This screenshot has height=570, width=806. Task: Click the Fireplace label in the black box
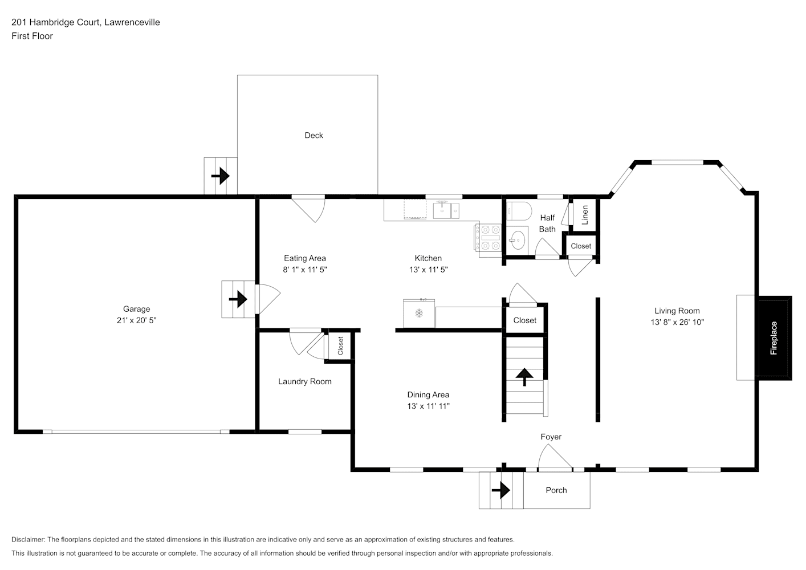coord(774,338)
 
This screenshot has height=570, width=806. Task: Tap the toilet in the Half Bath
coord(519,211)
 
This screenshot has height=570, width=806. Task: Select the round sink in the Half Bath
coord(517,240)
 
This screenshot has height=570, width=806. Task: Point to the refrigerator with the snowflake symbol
coord(419,313)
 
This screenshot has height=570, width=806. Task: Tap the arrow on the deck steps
coord(221,176)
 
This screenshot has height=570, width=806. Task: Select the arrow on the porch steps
coord(501,490)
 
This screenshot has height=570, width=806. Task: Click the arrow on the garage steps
coord(238,299)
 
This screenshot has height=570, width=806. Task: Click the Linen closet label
coord(585,215)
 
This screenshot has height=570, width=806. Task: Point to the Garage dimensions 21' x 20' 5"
coord(136,320)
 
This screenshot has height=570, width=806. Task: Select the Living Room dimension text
coord(677,322)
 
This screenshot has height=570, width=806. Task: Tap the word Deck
coord(314,135)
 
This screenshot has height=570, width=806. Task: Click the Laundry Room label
coord(305,381)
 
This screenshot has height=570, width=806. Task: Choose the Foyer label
coord(551,437)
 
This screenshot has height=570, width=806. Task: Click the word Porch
coord(556,490)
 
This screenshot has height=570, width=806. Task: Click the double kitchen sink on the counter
coord(446,210)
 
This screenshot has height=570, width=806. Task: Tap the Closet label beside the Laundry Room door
coord(340,346)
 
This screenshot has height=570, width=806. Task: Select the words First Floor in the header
coord(32,36)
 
